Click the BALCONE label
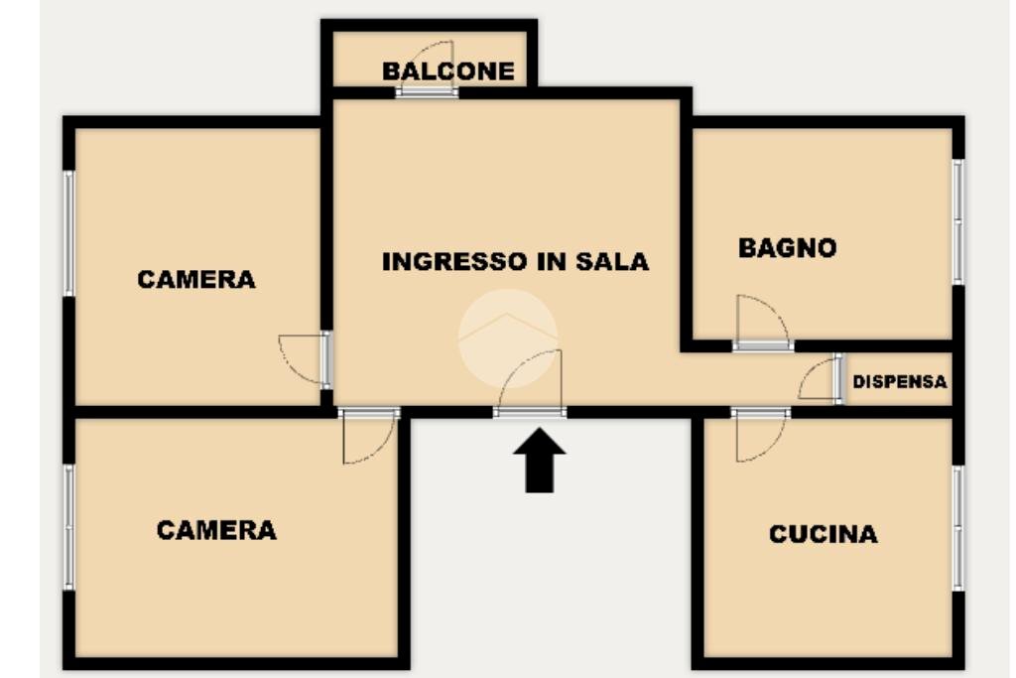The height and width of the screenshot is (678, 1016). (x=448, y=71)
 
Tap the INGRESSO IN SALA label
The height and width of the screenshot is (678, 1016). (x=515, y=262)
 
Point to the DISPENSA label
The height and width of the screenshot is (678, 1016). (x=900, y=381)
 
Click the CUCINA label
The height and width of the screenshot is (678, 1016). (x=824, y=534)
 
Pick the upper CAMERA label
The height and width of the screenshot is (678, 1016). (x=196, y=279)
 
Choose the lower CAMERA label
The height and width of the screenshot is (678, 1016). (x=216, y=530)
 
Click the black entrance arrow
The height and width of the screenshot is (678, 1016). (x=539, y=460)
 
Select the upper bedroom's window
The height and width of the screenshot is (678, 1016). (x=69, y=232)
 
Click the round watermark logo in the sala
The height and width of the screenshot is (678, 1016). (x=507, y=337)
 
